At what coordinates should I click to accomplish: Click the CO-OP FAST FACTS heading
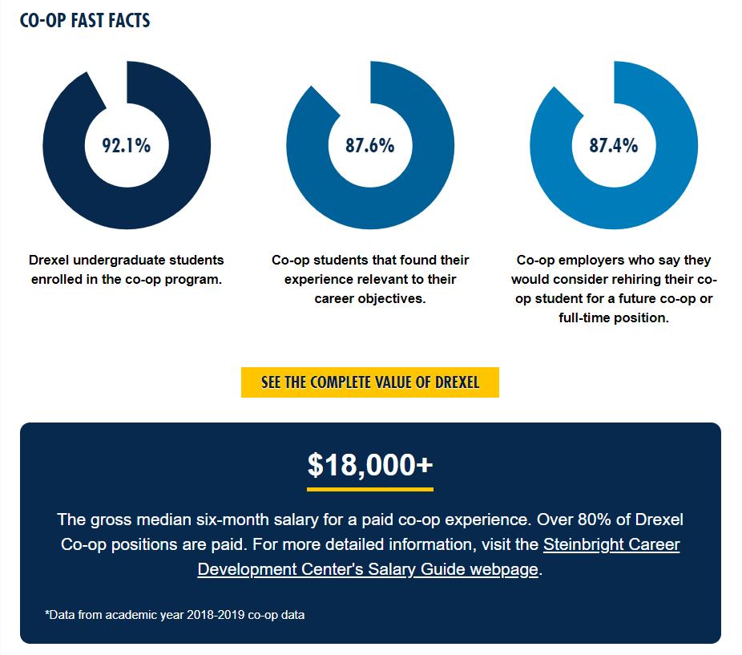coord(85,21)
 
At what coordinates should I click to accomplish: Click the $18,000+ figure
coord(370,465)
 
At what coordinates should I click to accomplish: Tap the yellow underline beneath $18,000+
coord(370,488)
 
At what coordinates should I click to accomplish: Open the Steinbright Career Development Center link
coord(611,544)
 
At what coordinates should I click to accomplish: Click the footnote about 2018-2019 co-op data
coord(175,615)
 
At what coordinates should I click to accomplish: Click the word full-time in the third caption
coord(589,318)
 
